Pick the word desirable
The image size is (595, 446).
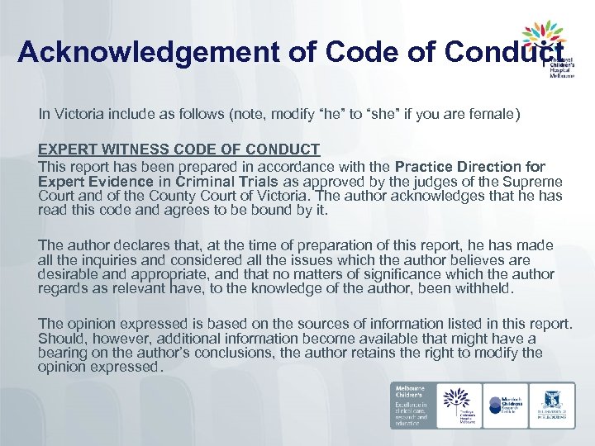(68, 274)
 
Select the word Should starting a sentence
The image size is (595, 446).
(61, 338)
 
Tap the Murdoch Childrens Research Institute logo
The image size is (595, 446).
(504, 405)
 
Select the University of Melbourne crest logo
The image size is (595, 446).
(552, 405)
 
